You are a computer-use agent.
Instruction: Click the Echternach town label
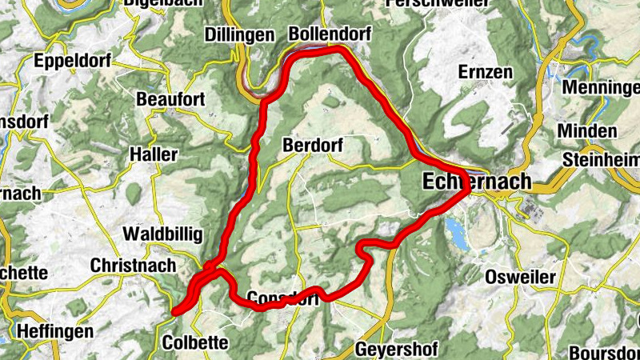click(476, 182)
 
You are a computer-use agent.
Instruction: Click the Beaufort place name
click(170, 99)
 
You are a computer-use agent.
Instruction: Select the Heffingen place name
click(54, 330)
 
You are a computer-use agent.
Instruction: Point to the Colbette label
click(194, 342)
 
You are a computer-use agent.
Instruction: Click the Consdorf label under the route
click(283, 298)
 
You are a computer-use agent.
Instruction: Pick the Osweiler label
click(521, 277)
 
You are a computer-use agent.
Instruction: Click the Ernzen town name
click(485, 72)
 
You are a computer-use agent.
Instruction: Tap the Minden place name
click(587, 131)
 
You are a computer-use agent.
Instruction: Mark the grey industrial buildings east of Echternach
click(530, 210)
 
